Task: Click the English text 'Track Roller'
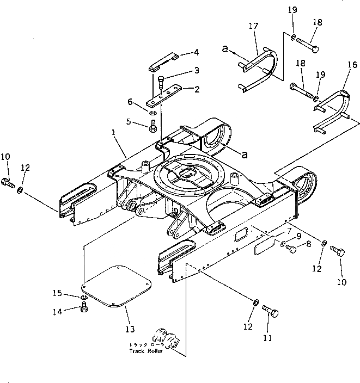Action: pos(145,351)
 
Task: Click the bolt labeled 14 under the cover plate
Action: pos(84,309)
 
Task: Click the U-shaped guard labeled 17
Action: pos(261,68)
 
